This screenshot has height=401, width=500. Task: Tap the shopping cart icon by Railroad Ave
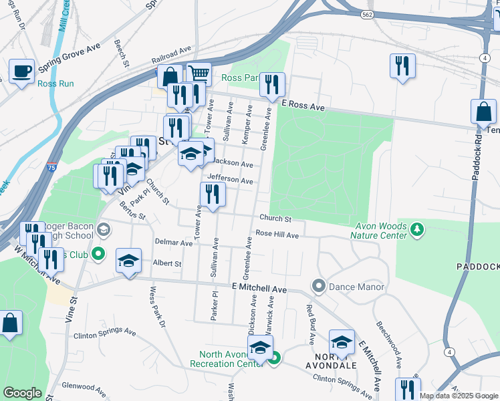[199, 74]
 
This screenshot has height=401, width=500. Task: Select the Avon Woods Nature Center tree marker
[418, 230]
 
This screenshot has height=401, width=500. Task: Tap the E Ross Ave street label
[302, 106]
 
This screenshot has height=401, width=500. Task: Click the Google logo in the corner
[22, 393]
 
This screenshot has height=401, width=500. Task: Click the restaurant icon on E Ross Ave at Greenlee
[272, 84]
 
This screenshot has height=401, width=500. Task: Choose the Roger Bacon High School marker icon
[103, 230]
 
